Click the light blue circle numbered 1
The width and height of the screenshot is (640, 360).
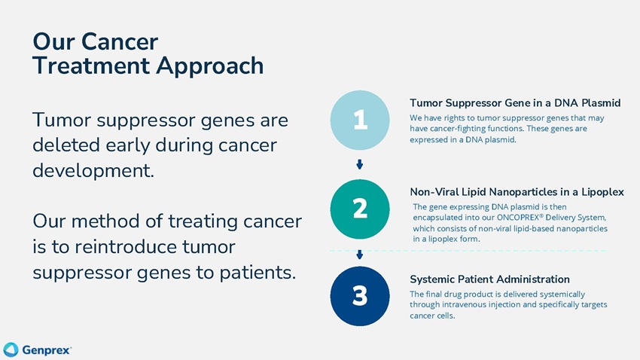click(x=360, y=120)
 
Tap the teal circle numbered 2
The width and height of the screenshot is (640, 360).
click(x=360, y=209)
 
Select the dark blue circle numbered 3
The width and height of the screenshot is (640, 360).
click(x=360, y=296)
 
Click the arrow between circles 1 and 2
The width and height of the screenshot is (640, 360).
click(x=360, y=164)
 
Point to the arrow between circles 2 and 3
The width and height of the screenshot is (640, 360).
click(x=360, y=255)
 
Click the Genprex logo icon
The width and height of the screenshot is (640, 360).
click(x=11, y=349)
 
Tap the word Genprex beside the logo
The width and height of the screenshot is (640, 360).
click(x=47, y=350)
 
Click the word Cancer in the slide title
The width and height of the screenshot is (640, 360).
click(x=120, y=41)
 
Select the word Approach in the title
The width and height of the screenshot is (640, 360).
click(x=210, y=66)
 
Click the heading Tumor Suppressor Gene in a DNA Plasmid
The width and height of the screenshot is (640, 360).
click(x=515, y=103)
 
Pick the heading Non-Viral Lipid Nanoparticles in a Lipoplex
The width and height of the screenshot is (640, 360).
click(x=517, y=192)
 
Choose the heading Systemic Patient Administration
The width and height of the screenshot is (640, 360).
click(x=490, y=279)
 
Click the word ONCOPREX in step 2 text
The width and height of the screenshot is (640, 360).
click(x=518, y=218)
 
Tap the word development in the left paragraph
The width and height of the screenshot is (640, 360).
click(x=93, y=171)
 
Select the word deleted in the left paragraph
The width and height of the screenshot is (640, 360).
click(x=66, y=145)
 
